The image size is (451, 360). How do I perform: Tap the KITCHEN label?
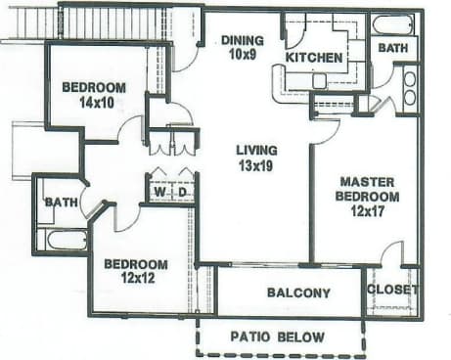click(314, 58)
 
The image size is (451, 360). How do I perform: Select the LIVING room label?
click(256, 150)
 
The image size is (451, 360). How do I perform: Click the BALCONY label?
click(298, 292)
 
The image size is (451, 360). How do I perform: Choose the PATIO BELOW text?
click(278, 337)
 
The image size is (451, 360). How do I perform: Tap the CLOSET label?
click(392, 290)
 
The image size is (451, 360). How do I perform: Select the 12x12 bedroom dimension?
click(135, 278)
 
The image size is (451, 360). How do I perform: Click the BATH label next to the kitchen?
click(393, 47)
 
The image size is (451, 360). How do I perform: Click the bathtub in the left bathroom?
click(66, 239)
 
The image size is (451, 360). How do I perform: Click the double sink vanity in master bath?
click(409, 87)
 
